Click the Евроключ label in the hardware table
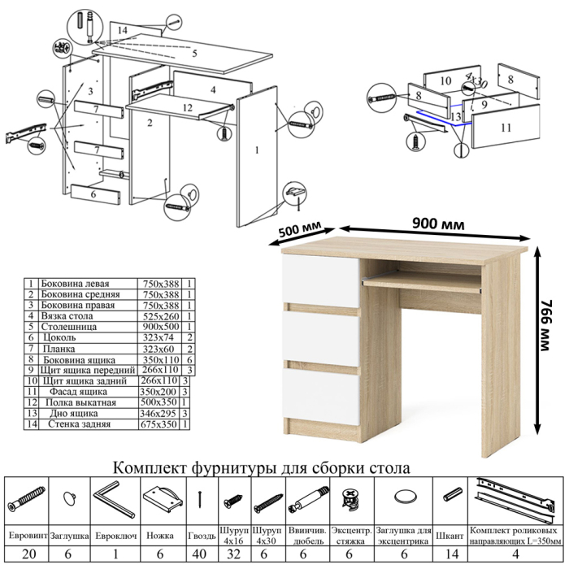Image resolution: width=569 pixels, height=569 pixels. (x=115, y=536)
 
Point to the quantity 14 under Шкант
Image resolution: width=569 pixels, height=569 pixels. (x=451, y=555)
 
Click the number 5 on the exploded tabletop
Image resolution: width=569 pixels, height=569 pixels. (x=194, y=54)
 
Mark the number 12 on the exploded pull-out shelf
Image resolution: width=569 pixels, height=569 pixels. (x=186, y=107)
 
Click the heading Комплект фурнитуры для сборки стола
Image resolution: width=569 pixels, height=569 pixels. (x=262, y=467)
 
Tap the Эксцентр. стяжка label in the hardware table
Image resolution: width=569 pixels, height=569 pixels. (x=350, y=536)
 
